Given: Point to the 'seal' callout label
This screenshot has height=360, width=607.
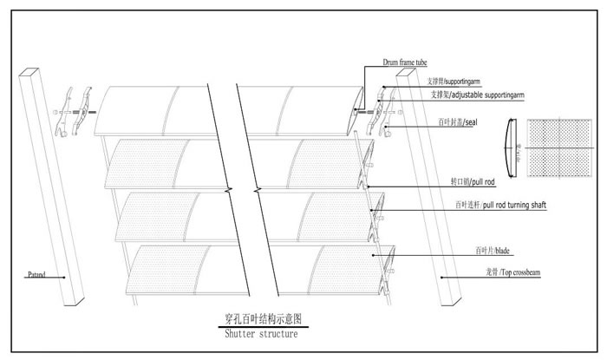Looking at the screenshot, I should [x=457, y=123].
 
